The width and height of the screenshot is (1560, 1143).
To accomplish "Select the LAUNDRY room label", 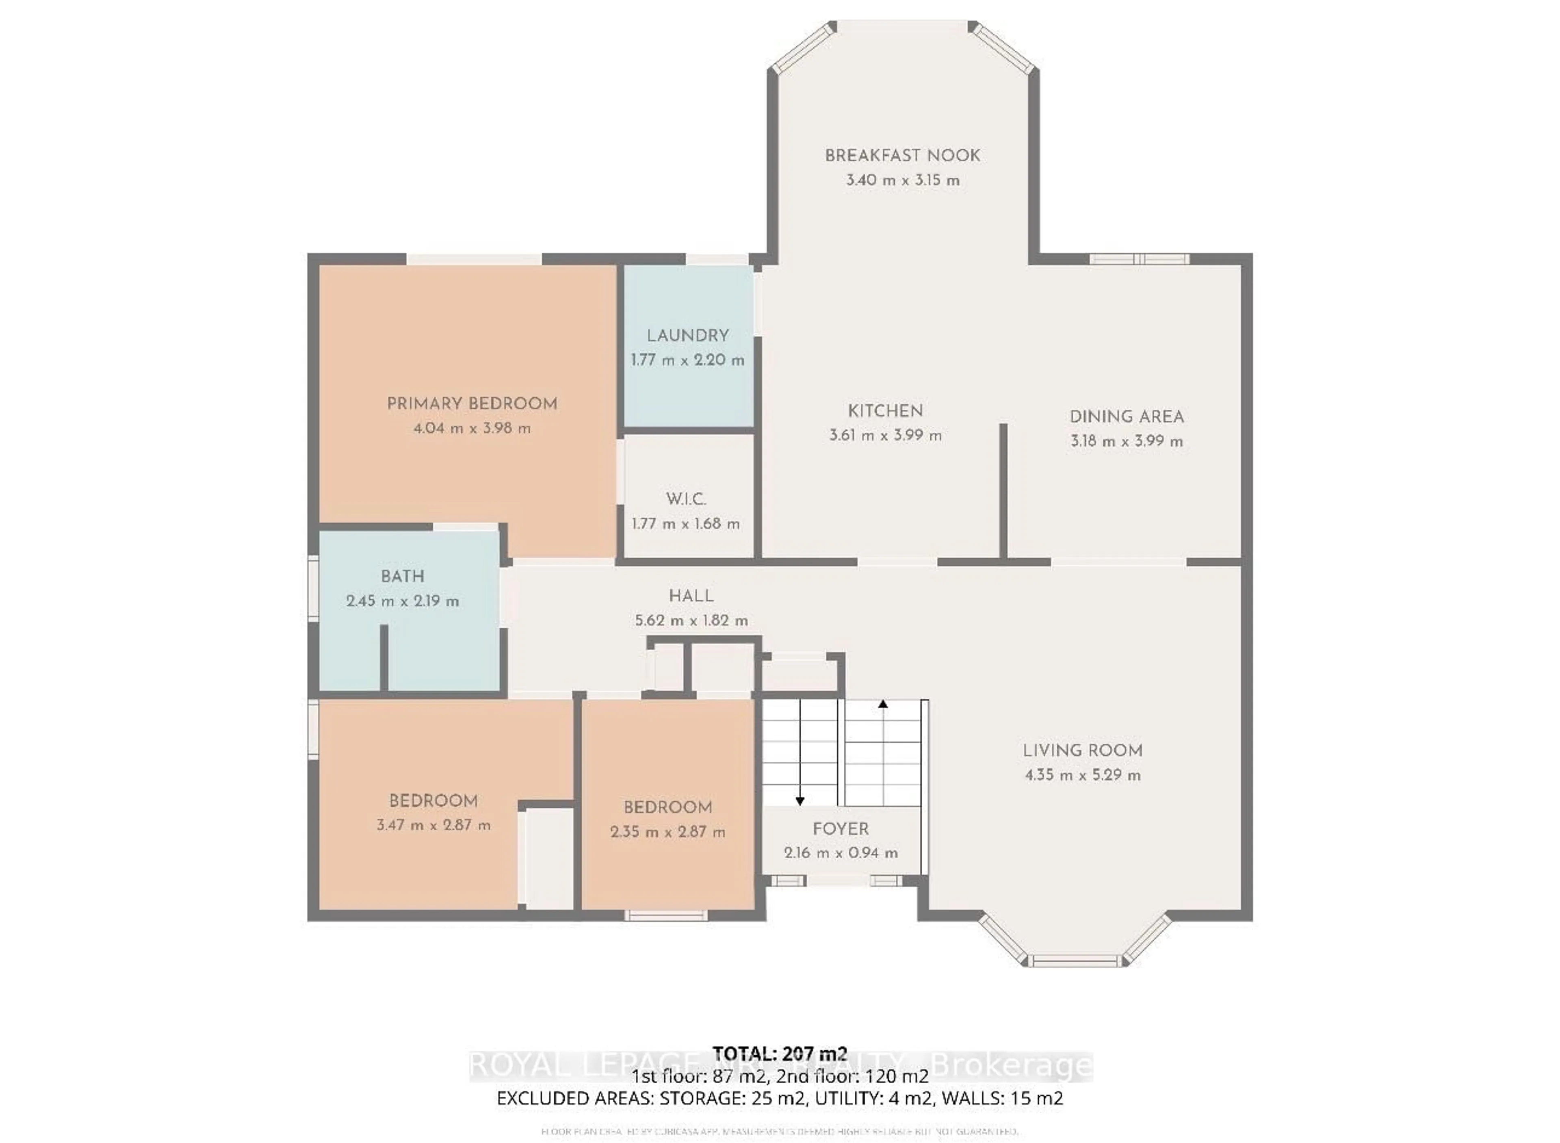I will click(x=688, y=336).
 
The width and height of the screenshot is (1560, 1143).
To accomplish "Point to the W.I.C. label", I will click(x=686, y=499).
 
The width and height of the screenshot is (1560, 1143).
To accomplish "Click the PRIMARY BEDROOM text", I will click(x=472, y=404).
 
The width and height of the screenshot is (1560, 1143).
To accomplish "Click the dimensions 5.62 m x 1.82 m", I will click(x=691, y=620).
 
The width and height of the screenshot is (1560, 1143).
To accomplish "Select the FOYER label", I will click(x=841, y=829).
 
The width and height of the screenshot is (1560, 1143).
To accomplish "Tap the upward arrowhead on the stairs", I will click(x=883, y=704).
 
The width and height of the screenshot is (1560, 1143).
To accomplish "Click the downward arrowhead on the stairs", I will click(x=800, y=801).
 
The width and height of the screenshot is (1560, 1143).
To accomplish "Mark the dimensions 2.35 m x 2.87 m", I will click(x=667, y=832).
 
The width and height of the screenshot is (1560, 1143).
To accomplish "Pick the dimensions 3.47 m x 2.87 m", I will click(x=433, y=825).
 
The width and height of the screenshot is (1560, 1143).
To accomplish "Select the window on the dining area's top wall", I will click(x=1140, y=260).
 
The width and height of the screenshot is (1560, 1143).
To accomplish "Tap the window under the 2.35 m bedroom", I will click(x=666, y=915).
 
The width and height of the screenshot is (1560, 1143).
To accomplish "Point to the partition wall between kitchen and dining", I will click(x=1002, y=491).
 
